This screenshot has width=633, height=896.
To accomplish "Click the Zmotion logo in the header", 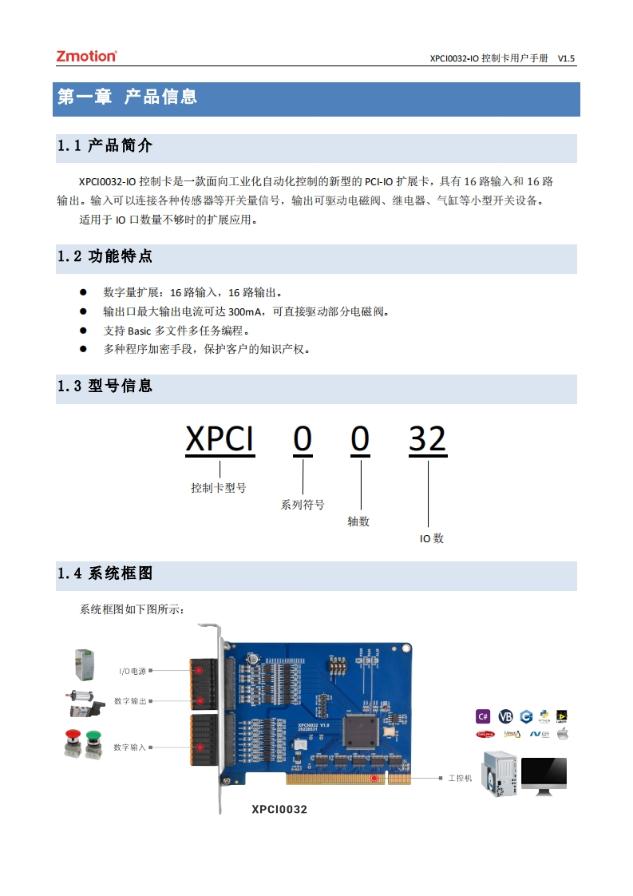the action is coord(86,56).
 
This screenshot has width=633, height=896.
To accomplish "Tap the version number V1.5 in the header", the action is coord(566,58).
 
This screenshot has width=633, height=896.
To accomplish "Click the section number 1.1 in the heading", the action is coord(69,146).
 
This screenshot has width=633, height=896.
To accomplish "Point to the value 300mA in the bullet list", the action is coord(247,311).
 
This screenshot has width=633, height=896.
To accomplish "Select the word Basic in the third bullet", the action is coord(139,331).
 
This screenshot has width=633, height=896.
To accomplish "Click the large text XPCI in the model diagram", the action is coord(220,439).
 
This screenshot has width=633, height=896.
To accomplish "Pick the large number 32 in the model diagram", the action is coord(427,439).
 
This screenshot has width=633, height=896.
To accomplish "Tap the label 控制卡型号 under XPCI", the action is coord(218,488).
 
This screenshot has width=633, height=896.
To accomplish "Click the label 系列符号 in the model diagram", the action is coord(303,505).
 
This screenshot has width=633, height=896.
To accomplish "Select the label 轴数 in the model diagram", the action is coord(358,521).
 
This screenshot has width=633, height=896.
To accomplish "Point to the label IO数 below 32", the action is coord(432,539).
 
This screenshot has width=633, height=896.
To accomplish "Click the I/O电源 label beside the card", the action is coord(133,671).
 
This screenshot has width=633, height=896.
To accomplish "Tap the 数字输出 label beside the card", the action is coord(130,700).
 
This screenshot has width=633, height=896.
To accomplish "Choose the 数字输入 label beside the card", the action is coord(130,747).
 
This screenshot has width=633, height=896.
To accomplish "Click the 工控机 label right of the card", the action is coord(460,777).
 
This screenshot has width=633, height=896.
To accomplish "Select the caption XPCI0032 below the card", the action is coord(279,809).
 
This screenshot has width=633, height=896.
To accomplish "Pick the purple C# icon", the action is coord(484,716).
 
